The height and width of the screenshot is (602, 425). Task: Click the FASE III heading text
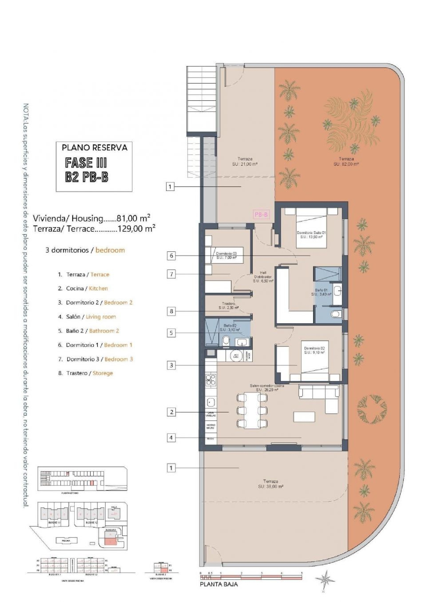pyautogui.click(x=86, y=163)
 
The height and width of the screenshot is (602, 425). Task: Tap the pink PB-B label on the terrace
pyautogui.click(x=261, y=214)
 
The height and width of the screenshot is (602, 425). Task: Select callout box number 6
pyautogui.click(x=171, y=256)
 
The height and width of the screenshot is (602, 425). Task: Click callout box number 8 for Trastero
pyautogui.click(x=171, y=311)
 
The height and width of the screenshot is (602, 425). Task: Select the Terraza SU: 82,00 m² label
pyautogui.click(x=346, y=161)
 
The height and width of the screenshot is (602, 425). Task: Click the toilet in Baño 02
pyautogui.click(x=226, y=341)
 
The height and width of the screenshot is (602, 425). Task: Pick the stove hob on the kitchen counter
pyautogui.click(x=211, y=380)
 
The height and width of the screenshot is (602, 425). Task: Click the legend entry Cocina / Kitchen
pyautogui.click(x=87, y=288)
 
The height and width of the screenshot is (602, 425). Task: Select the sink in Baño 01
pyautogui.click(x=337, y=291)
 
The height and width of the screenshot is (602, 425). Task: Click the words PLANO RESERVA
pyautogui.click(x=94, y=148)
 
